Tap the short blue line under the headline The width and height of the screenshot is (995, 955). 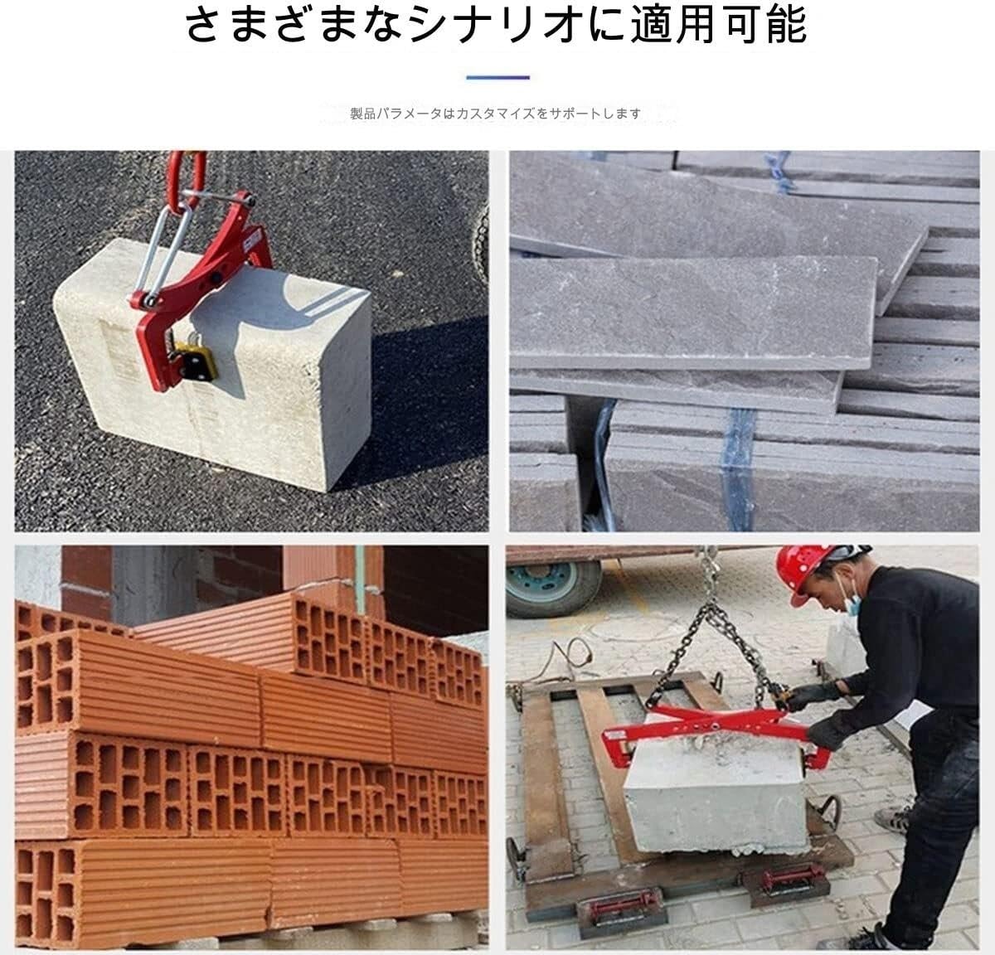click(x=498, y=77)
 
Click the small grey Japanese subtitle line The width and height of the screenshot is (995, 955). click(x=495, y=114)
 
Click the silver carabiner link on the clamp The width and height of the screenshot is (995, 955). click(x=158, y=249)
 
